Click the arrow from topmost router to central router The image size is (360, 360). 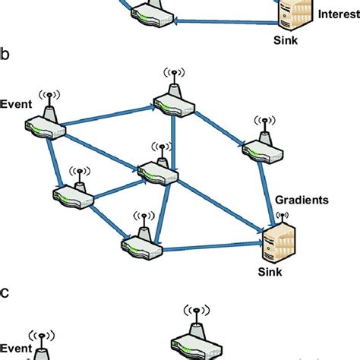(174, 137)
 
